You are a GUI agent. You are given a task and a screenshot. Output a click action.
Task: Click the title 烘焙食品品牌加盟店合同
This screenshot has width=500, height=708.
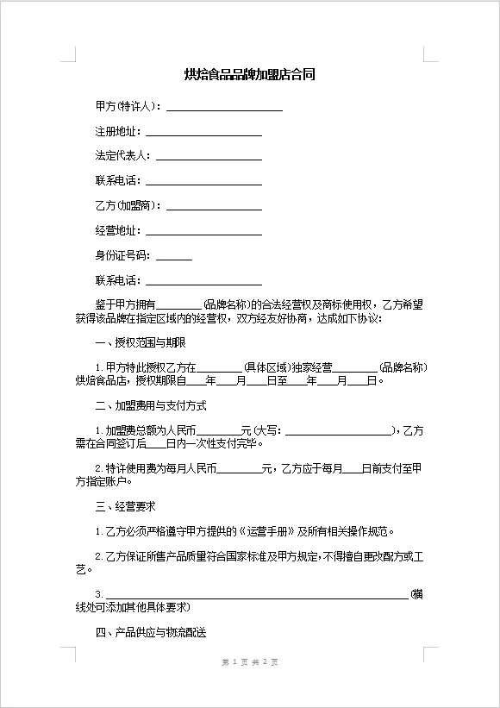point(250,75)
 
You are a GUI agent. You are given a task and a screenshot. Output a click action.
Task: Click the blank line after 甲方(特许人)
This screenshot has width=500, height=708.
point(224,109)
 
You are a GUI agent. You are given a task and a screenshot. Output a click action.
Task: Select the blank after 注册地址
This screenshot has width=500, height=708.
point(203,134)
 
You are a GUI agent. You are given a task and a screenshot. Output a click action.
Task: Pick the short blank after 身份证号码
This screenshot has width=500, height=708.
point(174,258)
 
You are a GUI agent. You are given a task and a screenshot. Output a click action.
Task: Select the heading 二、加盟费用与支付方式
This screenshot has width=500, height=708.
point(150,405)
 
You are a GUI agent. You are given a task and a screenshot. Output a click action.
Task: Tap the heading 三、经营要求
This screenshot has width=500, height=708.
point(125,506)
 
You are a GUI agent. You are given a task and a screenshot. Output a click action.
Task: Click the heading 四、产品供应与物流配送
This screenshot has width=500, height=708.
point(150,632)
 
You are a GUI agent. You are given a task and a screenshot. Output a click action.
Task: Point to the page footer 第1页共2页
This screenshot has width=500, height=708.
point(250,662)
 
